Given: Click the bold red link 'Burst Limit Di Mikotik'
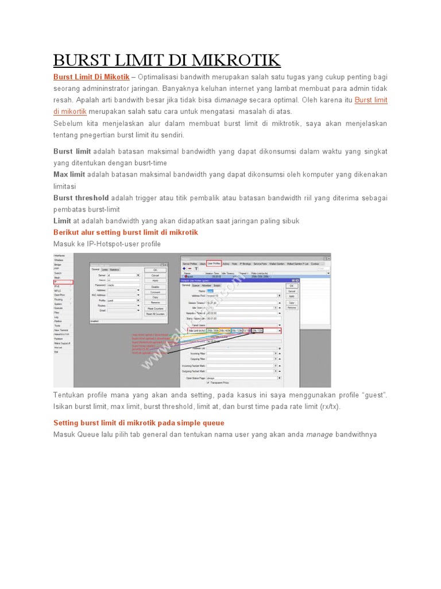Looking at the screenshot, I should [x=91, y=77].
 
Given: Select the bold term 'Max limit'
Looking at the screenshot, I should [x=69, y=174].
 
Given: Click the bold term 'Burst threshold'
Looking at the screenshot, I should [x=81, y=198].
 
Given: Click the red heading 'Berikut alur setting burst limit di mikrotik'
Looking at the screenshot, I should [x=125, y=232].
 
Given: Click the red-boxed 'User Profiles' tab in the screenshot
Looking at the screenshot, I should [x=214, y=263].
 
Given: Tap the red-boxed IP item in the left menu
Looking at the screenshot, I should [x=63, y=282].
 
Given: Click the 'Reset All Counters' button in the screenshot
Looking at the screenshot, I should [x=154, y=314].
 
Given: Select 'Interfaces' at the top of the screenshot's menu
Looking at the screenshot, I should [x=60, y=255].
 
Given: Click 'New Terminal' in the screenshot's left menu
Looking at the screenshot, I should [x=61, y=330].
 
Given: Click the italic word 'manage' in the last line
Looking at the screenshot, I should [x=319, y=435].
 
